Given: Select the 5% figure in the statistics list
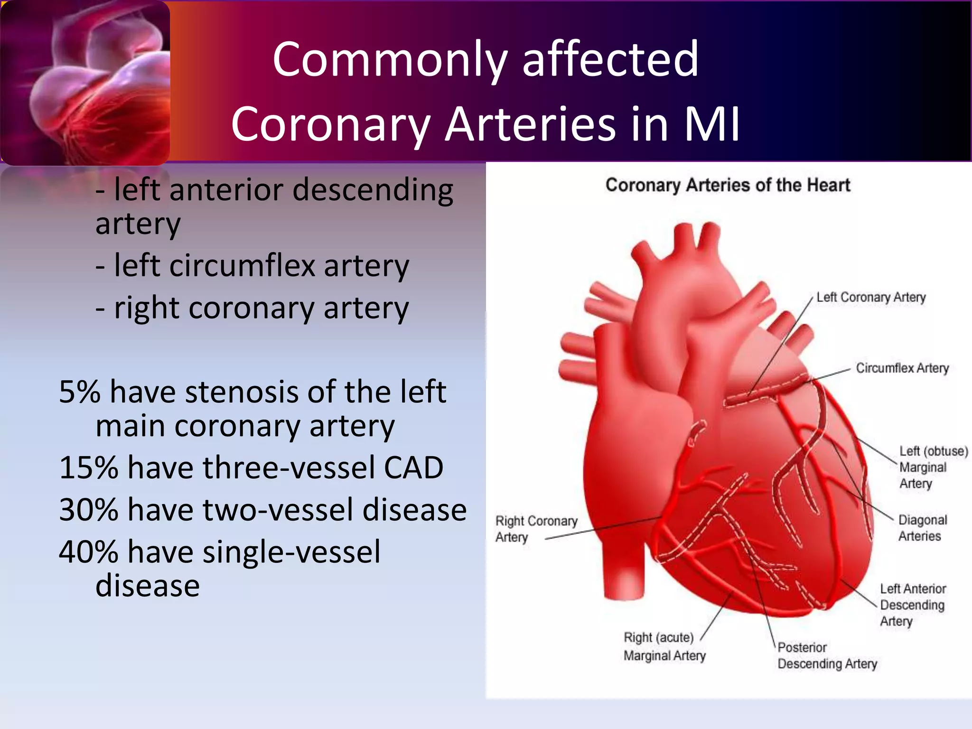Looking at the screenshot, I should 80,392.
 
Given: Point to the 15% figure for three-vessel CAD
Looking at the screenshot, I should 88,467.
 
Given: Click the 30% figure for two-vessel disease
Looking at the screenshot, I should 88,510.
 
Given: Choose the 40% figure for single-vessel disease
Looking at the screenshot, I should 88,552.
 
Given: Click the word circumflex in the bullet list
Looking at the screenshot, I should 242,265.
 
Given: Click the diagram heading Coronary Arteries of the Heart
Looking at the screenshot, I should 728,185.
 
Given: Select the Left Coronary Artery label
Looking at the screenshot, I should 871,298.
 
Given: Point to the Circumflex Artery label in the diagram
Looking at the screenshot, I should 902,368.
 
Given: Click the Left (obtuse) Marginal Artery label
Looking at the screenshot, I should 933,467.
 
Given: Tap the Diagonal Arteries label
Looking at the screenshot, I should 922,528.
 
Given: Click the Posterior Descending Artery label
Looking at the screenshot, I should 827,655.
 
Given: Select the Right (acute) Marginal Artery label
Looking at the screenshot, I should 664,646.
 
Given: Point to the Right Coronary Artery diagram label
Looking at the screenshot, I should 536,529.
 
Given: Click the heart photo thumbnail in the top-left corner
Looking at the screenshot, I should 85,83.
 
